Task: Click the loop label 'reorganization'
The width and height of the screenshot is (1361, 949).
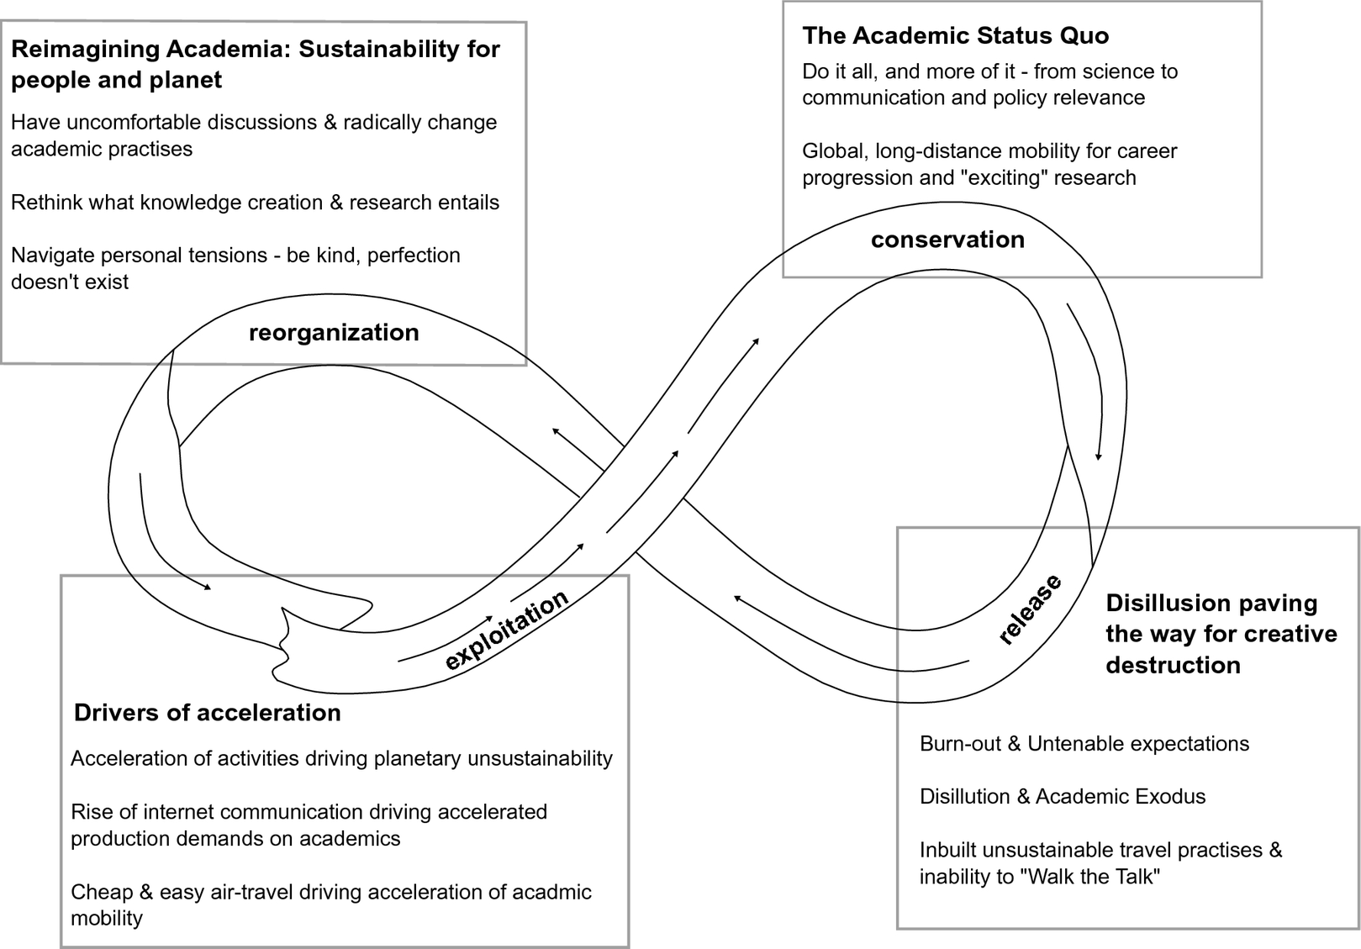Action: coord(334,333)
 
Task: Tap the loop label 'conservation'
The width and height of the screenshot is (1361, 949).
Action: coord(947,240)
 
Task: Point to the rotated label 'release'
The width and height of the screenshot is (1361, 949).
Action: coord(1030,609)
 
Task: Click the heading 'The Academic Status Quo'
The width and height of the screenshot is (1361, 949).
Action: coord(955,35)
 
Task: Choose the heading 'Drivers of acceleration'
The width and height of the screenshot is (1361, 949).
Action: coord(208,713)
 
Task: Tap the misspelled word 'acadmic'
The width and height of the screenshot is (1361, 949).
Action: coord(553,892)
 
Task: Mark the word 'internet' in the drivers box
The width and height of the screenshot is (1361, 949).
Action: coord(179,812)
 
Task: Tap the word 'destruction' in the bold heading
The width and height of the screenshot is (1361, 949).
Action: coord(1173,665)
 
